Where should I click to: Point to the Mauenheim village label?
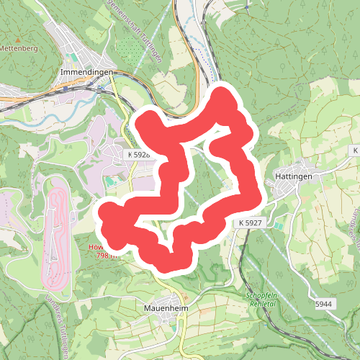[160, 312]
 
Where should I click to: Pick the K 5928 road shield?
[138, 155]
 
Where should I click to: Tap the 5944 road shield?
[325, 305]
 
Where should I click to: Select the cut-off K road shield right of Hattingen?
[355, 150]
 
